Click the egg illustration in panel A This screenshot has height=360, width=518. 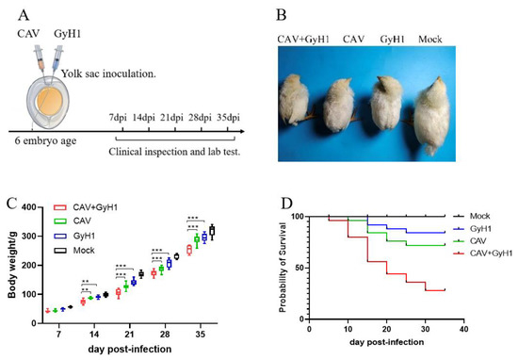(54, 98)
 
